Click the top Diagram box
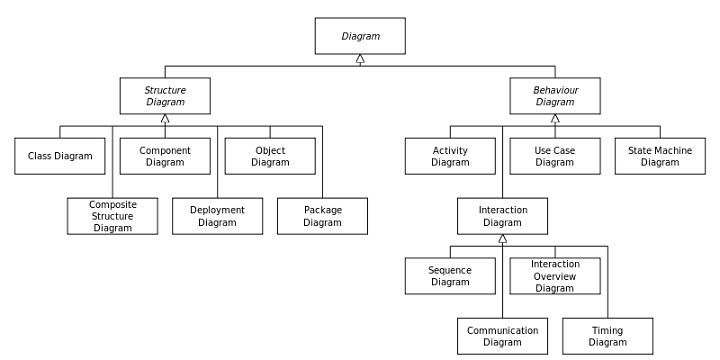(x=360, y=36)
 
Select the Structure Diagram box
(x=165, y=96)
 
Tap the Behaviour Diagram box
(x=555, y=96)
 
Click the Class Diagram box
(x=60, y=156)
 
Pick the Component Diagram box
(x=165, y=156)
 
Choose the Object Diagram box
(x=270, y=156)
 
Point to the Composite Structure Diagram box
(x=113, y=216)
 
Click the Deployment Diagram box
(x=217, y=216)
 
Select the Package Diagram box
(x=322, y=216)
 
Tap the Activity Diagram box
(x=450, y=156)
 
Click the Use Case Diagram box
(x=555, y=156)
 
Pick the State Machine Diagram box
(x=660, y=156)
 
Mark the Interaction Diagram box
(x=502, y=216)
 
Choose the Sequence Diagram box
(x=450, y=276)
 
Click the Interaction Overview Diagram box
(x=555, y=276)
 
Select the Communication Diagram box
(x=502, y=336)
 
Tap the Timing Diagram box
(x=607, y=336)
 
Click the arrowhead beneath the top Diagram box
(x=360, y=60)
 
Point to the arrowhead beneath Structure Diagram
(x=165, y=120)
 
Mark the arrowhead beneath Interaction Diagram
(x=502, y=240)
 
